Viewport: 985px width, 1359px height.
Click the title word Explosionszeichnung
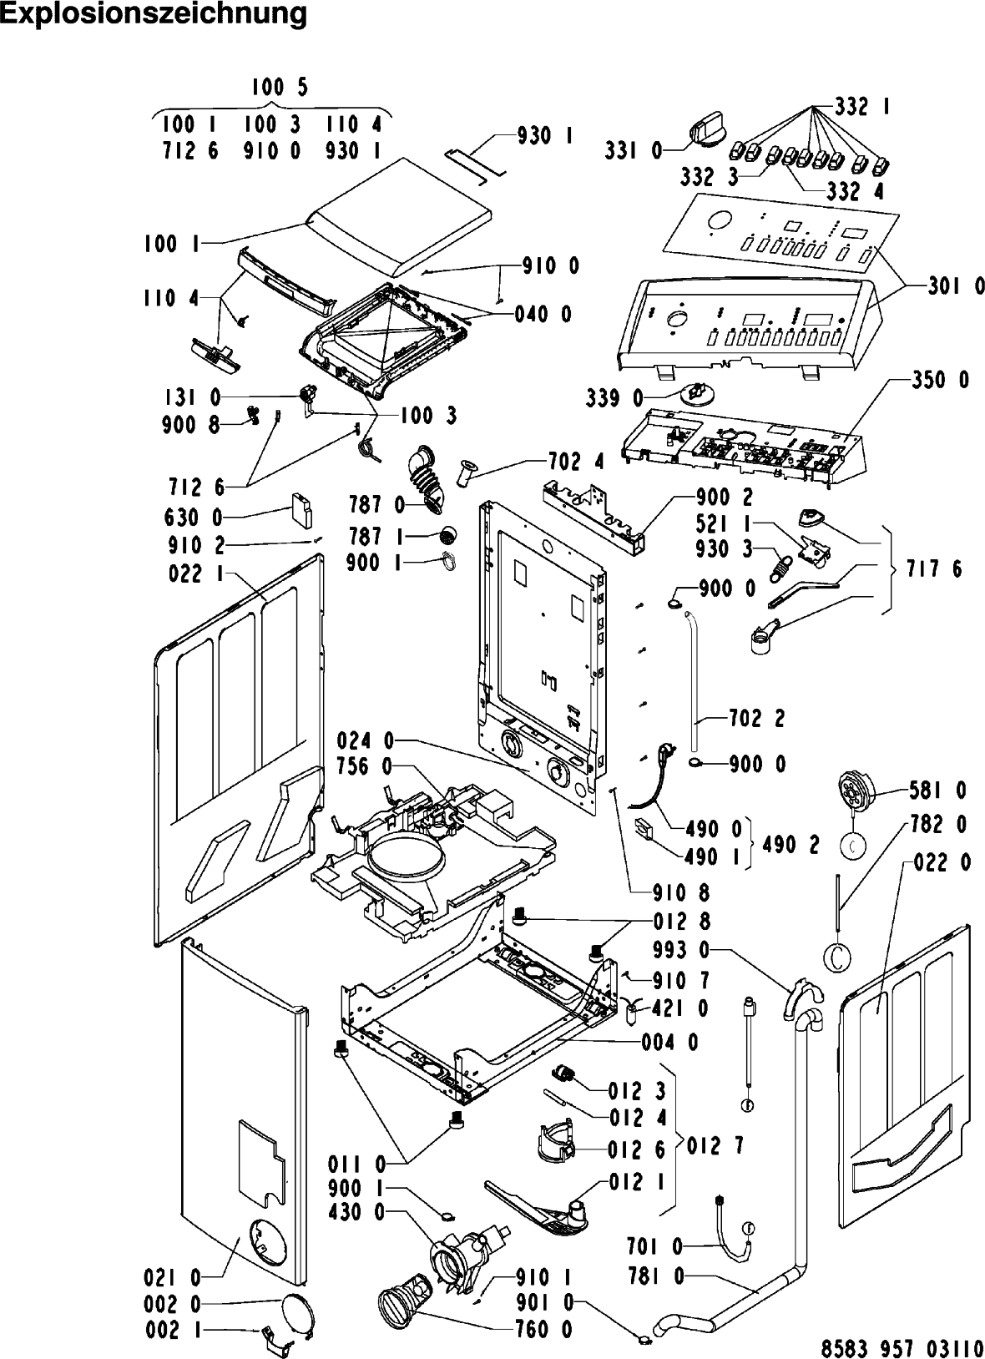coord(153,15)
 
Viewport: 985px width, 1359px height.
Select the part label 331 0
coord(633,150)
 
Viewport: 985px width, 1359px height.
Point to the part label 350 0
coord(939,381)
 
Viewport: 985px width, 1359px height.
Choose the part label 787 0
coord(376,505)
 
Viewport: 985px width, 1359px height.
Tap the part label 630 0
coord(193,518)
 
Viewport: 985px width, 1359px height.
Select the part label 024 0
coord(366,740)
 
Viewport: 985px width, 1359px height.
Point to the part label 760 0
coord(543,1330)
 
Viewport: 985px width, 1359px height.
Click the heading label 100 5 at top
coord(279,88)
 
